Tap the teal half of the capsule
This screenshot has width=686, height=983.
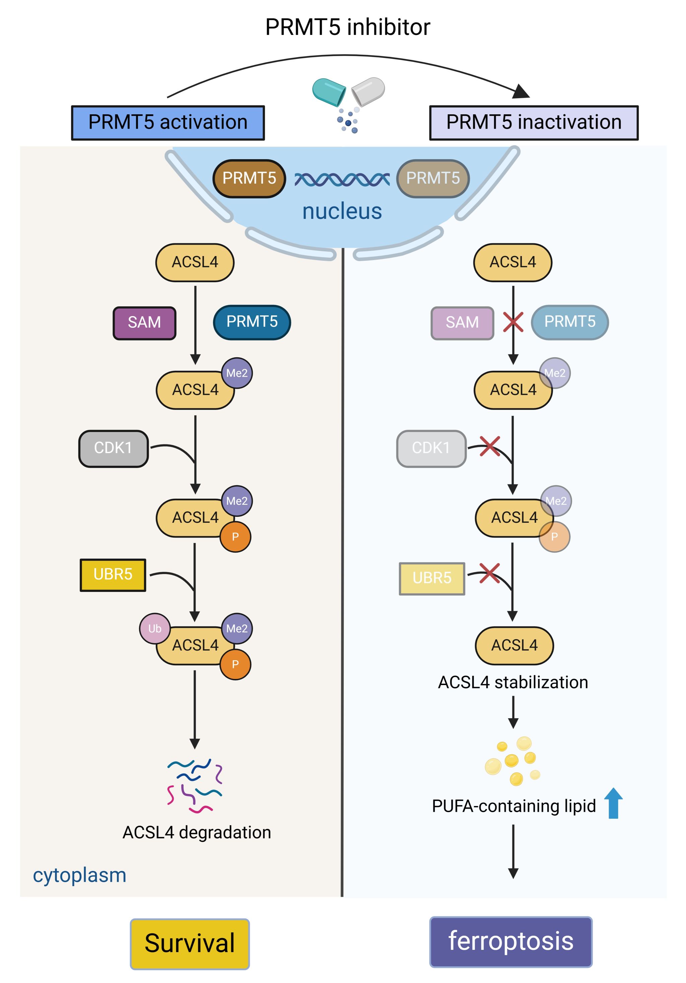pos(329,91)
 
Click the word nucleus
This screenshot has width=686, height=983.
pos(342,211)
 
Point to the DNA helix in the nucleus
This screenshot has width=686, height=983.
pos(342,179)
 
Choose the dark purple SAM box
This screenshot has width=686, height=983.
pos(144,323)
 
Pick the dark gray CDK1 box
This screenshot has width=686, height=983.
pos(114,448)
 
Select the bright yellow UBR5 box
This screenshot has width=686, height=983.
pos(113,574)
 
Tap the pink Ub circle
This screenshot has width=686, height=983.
pos(154,628)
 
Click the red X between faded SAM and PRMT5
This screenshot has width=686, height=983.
pos(513,322)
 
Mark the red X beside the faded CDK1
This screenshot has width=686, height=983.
pos(490,446)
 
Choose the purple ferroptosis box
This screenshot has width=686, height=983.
pos(510,941)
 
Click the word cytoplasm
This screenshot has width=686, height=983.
pos(80,875)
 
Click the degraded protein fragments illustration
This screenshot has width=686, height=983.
pos(195,786)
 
